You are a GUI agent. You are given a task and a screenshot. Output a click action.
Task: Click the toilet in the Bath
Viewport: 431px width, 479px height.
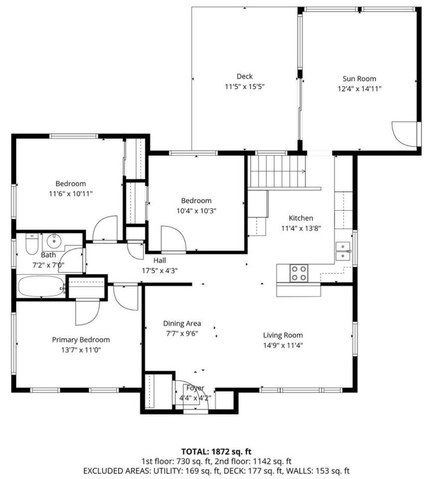click(x=32, y=244)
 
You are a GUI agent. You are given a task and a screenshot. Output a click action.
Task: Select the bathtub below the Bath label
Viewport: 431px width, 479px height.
click(x=41, y=286)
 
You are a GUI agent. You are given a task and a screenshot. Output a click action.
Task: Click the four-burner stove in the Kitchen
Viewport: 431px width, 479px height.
click(x=298, y=273)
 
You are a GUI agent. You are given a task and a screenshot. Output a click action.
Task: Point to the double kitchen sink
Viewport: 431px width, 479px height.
click(x=343, y=251)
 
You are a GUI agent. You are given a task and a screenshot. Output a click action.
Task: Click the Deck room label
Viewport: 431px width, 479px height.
click(x=245, y=76)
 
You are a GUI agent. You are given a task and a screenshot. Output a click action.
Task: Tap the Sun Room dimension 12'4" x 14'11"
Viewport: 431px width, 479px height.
click(x=359, y=89)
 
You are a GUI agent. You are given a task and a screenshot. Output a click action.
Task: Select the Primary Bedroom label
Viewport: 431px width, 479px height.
click(x=81, y=340)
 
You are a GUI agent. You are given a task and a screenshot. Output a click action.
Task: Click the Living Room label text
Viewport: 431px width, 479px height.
click(x=283, y=335)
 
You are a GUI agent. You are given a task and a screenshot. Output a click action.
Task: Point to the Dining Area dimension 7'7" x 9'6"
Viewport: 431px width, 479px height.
click(x=182, y=334)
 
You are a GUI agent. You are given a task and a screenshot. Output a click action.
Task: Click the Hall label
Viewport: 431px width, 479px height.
click(x=159, y=260)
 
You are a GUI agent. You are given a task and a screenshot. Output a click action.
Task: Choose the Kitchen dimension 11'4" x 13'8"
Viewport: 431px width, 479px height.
click(x=301, y=228)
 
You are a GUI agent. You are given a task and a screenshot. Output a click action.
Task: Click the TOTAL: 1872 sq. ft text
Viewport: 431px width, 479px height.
click(x=216, y=451)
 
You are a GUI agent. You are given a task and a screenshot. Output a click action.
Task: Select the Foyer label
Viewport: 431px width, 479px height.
click(x=195, y=388)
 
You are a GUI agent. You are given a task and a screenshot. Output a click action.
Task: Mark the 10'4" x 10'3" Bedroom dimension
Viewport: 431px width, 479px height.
click(x=196, y=211)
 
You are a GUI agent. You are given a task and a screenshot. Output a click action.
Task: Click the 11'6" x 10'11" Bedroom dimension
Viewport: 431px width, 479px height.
click(x=71, y=194)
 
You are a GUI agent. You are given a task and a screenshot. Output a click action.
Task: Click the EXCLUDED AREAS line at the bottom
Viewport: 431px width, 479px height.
click(x=216, y=471)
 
